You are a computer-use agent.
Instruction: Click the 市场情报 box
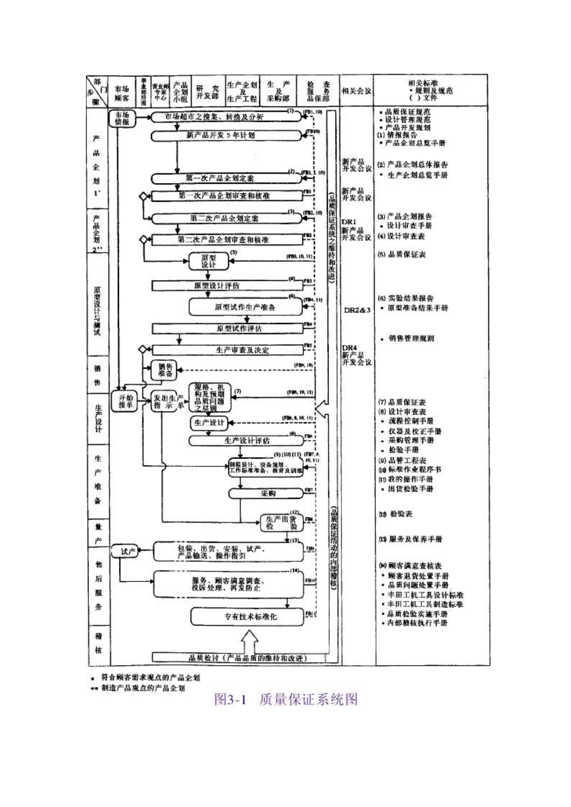pyautogui.click(x=121, y=118)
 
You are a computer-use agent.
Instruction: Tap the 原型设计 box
pyautogui.click(x=201, y=261)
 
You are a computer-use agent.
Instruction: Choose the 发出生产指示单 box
pyautogui.click(x=167, y=401)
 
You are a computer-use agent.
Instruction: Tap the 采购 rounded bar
pyautogui.click(x=267, y=494)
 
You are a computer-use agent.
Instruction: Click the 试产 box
pyautogui.click(x=128, y=551)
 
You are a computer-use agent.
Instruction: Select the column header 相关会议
pyautogui.click(x=356, y=91)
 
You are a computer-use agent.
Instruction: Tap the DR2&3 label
pyautogui.click(x=357, y=310)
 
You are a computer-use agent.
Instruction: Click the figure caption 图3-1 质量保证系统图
pyautogui.click(x=285, y=699)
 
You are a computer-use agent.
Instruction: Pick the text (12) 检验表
pyautogui.click(x=397, y=515)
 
